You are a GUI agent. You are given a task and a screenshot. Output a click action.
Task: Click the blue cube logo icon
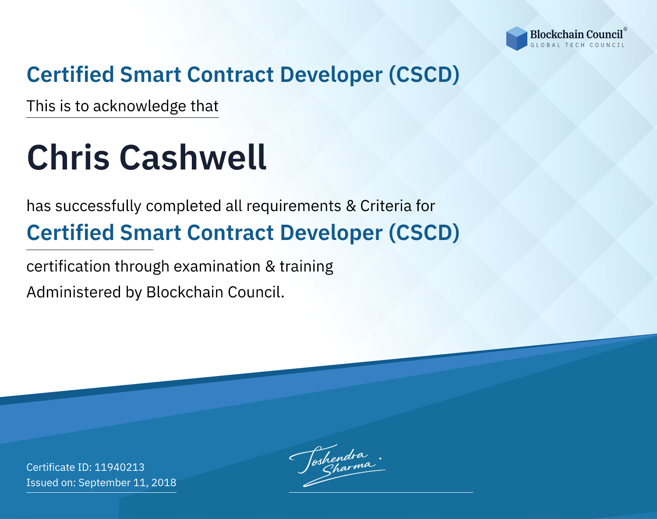click(x=516, y=39)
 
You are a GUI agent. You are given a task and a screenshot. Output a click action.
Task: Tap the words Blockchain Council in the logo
click(x=576, y=35)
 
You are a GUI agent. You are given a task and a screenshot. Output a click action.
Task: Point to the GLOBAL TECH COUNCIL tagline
click(x=578, y=45)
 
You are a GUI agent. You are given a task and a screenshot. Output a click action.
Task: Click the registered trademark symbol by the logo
click(x=625, y=29)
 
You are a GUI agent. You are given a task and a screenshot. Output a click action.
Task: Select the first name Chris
click(x=68, y=158)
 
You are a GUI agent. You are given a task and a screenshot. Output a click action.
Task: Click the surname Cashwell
click(x=193, y=158)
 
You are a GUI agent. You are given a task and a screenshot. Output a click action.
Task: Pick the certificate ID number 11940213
click(x=120, y=467)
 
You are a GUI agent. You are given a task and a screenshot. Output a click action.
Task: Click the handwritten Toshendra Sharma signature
click(x=337, y=465)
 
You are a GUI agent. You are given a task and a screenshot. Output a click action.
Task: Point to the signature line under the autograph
click(x=381, y=492)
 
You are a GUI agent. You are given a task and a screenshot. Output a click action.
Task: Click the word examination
click(x=217, y=266)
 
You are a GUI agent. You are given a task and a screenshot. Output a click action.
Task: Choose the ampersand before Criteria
click(x=351, y=206)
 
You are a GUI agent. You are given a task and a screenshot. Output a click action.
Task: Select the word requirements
click(x=294, y=206)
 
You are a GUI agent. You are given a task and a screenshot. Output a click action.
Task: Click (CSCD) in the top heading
click(x=424, y=75)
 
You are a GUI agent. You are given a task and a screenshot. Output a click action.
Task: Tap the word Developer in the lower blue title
click(x=331, y=233)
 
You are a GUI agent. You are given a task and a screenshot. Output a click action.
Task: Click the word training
click(x=306, y=267)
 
